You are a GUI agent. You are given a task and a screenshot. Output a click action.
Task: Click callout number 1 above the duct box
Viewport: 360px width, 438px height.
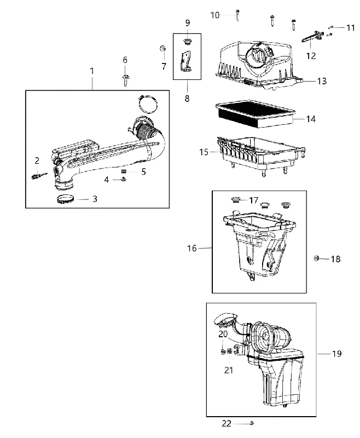click(x=92, y=71)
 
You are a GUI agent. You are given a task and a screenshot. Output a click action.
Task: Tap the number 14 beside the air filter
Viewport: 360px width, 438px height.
click(x=311, y=119)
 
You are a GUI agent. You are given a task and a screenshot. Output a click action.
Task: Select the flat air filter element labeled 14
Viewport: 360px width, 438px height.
click(x=256, y=115)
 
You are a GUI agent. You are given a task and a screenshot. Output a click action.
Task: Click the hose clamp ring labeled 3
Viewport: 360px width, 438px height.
click(x=65, y=199)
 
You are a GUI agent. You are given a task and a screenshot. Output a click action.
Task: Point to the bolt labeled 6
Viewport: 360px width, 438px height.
click(x=125, y=80)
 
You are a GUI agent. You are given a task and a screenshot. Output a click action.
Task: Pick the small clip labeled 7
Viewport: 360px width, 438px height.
click(x=163, y=48)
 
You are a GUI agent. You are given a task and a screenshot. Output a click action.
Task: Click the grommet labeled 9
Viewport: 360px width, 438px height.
click(x=187, y=42)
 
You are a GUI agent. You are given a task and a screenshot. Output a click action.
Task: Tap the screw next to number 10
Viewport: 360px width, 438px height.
click(x=237, y=15)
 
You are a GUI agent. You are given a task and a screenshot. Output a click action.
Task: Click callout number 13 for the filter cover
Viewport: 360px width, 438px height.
click(x=322, y=81)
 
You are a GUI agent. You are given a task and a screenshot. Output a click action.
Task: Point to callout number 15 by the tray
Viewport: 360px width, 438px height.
click(x=204, y=152)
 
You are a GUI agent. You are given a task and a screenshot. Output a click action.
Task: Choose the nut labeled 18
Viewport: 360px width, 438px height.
click(x=316, y=258)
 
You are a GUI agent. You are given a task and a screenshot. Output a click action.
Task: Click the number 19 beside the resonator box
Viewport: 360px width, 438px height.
click(x=337, y=354)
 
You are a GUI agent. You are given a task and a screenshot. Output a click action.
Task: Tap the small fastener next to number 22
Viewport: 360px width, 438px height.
click(x=252, y=423)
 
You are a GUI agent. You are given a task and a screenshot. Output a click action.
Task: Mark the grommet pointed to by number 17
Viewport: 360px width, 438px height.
click(x=236, y=200)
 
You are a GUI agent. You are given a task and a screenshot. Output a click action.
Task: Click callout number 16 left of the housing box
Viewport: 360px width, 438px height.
click(x=192, y=248)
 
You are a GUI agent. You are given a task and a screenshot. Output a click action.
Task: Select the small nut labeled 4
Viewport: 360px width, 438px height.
click(x=123, y=180)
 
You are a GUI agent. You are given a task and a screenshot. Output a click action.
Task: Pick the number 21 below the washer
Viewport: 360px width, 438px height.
click(x=229, y=371)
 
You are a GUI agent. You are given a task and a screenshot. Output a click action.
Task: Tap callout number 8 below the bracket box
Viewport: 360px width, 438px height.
click(x=187, y=99)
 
